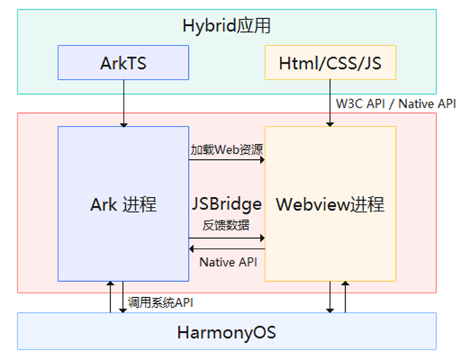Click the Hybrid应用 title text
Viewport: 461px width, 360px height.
[x=227, y=26]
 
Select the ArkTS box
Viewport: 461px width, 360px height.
[x=124, y=63]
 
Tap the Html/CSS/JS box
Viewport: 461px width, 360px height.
[x=330, y=63]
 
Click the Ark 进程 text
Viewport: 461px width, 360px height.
[x=124, y=204]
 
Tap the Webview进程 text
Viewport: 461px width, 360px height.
[x=330, y=204]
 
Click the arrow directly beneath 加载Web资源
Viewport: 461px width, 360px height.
[x=227, y=161]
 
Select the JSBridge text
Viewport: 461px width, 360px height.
[x=227, y=203]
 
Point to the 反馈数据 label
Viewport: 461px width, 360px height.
[x=227, y=224]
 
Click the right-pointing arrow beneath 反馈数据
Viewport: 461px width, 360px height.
[x=227, y=237]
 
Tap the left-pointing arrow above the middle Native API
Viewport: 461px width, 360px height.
[x=227, y=249]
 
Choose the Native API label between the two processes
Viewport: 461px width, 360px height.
[x=227, y=262]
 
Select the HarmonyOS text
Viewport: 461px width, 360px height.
[x=227, y=332]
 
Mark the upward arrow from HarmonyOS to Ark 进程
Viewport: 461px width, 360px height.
[x=109, y=296]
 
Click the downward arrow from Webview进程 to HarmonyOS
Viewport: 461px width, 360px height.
[x=330, y=296]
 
